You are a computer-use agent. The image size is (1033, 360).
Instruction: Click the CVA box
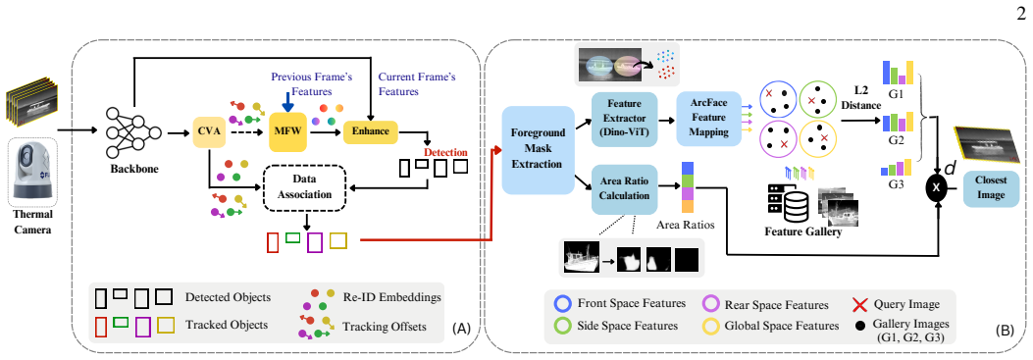click(209, 132)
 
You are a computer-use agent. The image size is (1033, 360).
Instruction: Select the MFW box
click(287, 131)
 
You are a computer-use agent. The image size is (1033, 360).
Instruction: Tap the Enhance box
click(371, 131)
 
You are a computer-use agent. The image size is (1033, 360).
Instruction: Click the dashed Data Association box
click(304, 185)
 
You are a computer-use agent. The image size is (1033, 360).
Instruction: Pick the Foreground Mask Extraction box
click(539, 150)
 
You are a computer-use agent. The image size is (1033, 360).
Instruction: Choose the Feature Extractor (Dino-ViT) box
click(625, 120)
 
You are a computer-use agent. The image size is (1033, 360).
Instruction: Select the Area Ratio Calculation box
click(625, 189)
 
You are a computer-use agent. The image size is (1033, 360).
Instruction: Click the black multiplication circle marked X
click(938, 187)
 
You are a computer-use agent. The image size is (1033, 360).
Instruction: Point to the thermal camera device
click(33, 174)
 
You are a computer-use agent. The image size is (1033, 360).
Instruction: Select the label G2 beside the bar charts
click(896, 140)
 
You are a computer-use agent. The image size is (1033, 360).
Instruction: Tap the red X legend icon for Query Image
click(858, 304)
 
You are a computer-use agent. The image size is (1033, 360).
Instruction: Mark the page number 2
click(1022, 13)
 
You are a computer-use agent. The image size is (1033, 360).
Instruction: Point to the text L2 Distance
click(862, 97)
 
